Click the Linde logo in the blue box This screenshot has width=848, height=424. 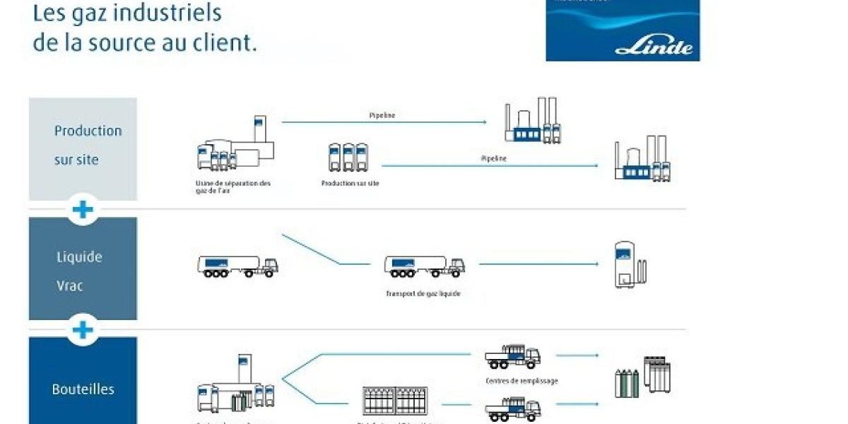pyautogui.click(x=654, y=47)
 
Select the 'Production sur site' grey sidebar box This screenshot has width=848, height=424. pyautogui.click(x=83, y=148)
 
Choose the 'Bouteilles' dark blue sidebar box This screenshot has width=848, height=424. pyautogui.click(x=83, y=385)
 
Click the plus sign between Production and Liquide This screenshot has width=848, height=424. pyautogui.click(x=83, y=210)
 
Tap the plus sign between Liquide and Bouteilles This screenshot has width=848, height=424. pyautogui.click(x=83, y=329)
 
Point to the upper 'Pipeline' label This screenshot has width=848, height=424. pyautogui.click(x=382, y=114)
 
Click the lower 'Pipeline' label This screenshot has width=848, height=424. pyautogui.click(x=493, y=158)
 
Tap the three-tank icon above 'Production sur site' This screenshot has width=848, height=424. pyautogui.click(x=348, y=157)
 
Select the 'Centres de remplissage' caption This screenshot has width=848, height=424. pyautogui.click(x=522, y=381)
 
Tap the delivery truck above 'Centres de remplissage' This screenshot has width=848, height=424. pyautogui.click(x=512, y=357)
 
